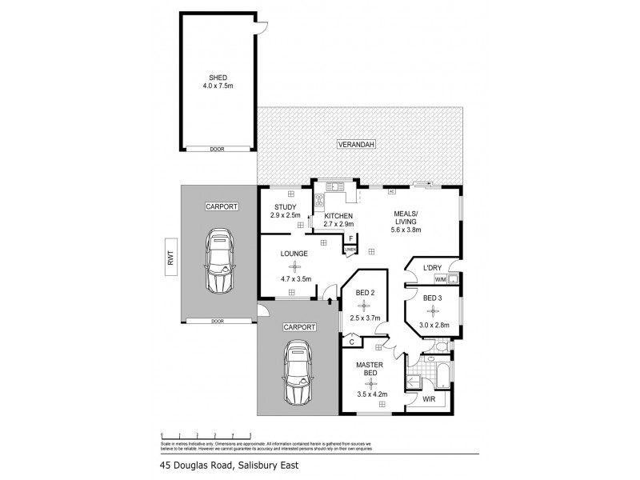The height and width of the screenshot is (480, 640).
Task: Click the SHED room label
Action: (218, 78)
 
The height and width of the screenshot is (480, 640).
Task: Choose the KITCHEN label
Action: (338, 214)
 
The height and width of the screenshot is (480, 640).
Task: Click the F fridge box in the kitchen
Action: (350, 238)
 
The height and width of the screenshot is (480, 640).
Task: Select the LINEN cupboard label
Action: (350, 250)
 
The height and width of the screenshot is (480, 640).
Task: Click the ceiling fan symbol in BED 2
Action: (365, 305)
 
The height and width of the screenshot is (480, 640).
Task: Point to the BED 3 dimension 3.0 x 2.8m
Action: (434, 325)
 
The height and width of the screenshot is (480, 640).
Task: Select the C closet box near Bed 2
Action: (352, 342)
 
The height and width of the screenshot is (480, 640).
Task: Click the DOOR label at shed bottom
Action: (218, 148)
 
